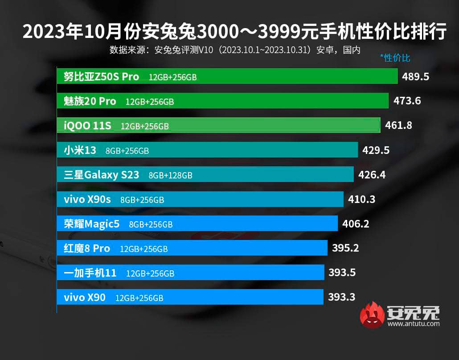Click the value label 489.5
(415, 76)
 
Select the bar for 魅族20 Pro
(223, 101)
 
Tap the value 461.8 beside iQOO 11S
(398, 125)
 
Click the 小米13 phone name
(80, 150)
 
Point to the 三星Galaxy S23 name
(102, 175)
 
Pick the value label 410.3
(361, 199)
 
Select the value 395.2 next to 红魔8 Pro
(345, 248)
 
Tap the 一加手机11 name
(90, 273)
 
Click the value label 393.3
(342, 297)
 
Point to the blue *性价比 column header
(395, 58)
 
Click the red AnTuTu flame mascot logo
(372, 315)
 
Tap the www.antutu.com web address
(413, 324)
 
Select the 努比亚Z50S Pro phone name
(102, 76)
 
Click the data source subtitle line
(234, 50)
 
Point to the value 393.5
(342, 272)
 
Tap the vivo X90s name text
(87, 199)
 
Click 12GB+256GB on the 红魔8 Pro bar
(143, 249)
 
